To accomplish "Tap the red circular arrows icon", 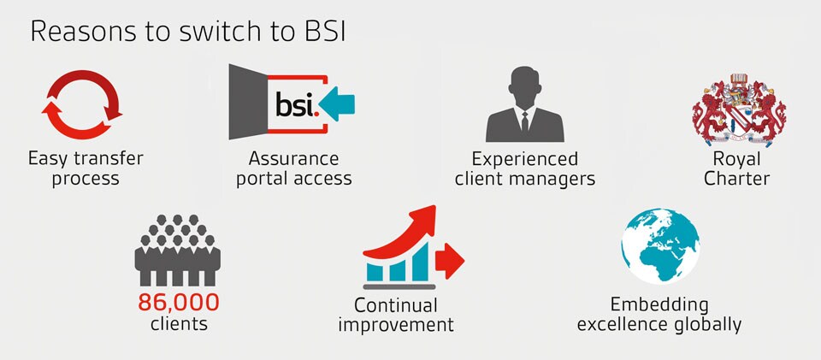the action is coord(82,78).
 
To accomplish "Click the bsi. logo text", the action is coord(297,104).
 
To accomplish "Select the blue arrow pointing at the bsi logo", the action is coord(337,103).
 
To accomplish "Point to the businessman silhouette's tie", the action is coord(524,122).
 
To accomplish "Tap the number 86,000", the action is coord(179,303).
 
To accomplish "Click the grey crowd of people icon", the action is coord(178,250).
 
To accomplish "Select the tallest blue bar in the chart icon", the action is coord(421,262).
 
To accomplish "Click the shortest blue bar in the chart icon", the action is coord(375,273).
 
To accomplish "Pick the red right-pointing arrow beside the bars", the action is coord(450,261).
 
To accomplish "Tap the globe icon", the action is coord(661,246).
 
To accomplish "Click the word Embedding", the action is coord(659,304).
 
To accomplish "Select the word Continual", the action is coord(395,304).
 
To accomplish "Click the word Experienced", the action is coord(524,159).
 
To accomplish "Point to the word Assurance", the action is coord(293,158).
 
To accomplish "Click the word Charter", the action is coord(736,179).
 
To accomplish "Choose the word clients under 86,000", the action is coord(179,323).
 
